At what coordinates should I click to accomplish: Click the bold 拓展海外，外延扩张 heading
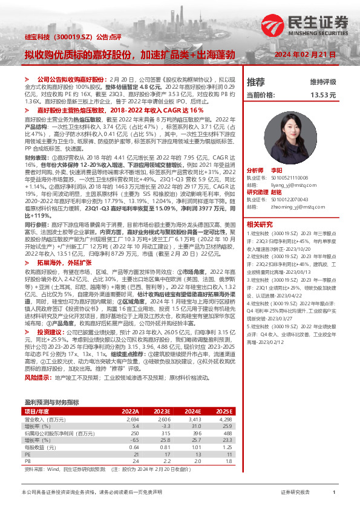pos(65,263)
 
